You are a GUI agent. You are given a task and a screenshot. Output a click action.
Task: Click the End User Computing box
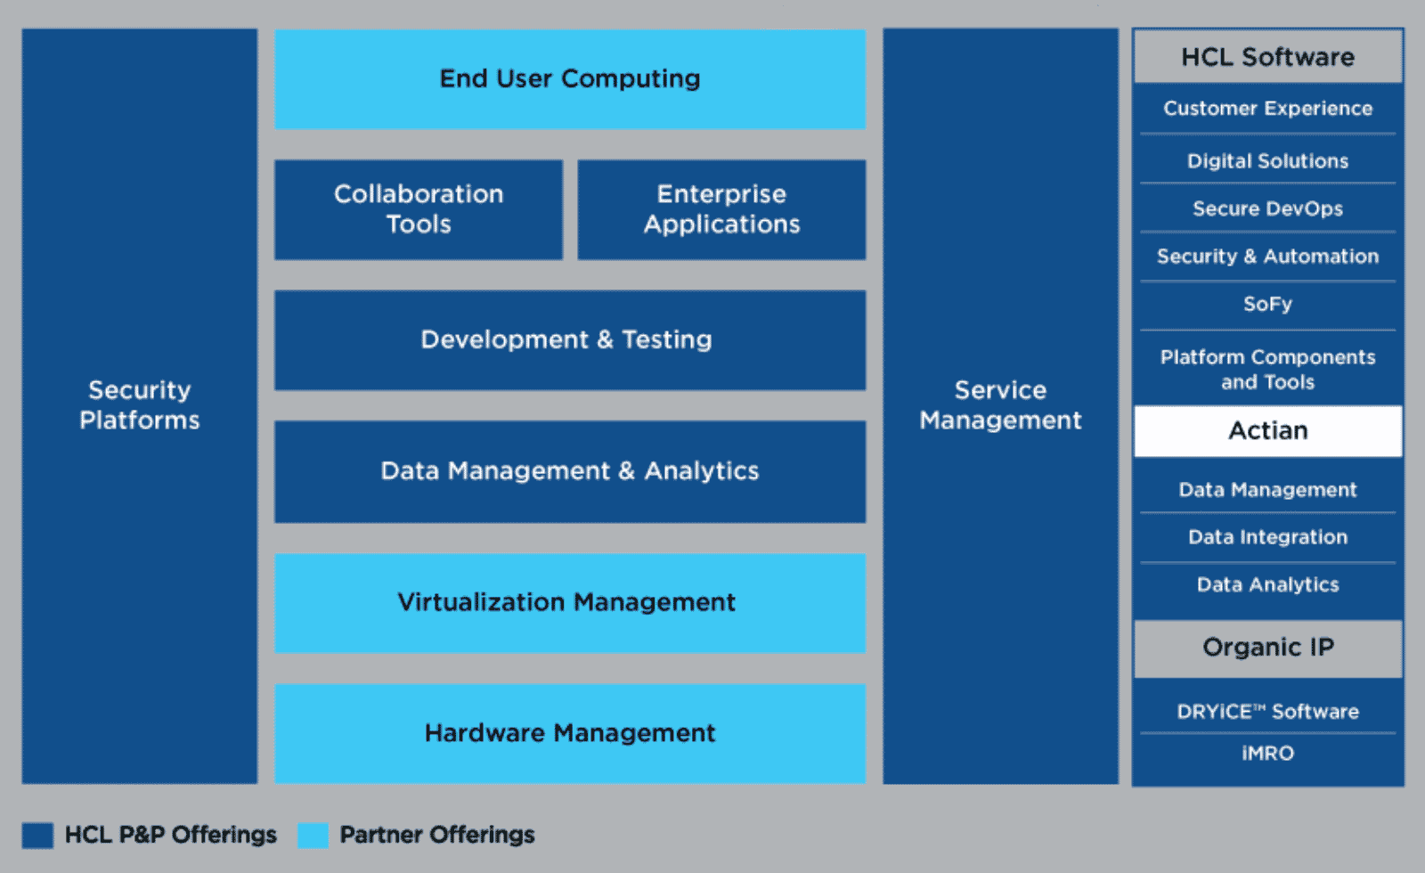pyautogui.click(x=570, y=78)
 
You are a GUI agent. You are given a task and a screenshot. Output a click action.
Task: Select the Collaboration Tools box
pyautogui.click(x=419, y=209)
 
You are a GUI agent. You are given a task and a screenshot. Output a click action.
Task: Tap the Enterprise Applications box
pyautogui.click(x=721, y=209)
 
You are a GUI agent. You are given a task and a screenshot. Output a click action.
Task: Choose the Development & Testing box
pyautogui.click(x=570, y=339)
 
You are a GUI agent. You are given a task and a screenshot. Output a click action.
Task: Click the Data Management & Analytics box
pyautogui.click(x=570, y=470)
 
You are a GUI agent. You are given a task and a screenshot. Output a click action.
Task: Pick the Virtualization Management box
pyautogui.click(x=570, y=602)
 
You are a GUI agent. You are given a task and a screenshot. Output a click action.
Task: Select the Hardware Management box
pyautogui.click(x=570, y=733)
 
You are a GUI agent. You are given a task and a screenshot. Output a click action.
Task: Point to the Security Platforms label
pyautogui.click(x=140, y=405)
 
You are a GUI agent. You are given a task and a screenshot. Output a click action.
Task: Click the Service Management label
pyautogui.click(x=1000, y=405)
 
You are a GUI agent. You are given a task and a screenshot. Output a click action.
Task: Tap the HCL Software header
pyautogui.click(x=1267, y=57)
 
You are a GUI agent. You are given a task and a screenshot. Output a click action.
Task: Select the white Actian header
pyautogui.click(x=1267, y=431)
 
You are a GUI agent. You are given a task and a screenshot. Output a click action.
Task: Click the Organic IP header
pyautogui.click(x=1267, y=648)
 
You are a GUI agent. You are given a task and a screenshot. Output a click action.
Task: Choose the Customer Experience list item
pyautogui.click(x=1267, y=109)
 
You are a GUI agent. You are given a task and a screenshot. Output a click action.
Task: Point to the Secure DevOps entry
pyautogui.click(x=1267, y=208)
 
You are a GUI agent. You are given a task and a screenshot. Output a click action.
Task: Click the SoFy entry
pyautogui.click(x=1267, y=305)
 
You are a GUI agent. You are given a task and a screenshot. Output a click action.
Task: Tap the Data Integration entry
pyautogui.click(x=1267, y=537)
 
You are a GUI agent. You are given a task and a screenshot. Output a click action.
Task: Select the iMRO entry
pyautogui.click(x=1267, y=754)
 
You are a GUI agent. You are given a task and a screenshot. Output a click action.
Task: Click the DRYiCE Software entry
pyautogui.click(x=1267, y=712)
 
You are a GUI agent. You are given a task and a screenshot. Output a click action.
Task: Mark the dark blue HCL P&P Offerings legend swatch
pyautogui.click(x=37, y=836)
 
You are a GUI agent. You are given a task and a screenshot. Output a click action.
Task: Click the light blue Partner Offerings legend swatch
pyautogui.click(x=313, y=836)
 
